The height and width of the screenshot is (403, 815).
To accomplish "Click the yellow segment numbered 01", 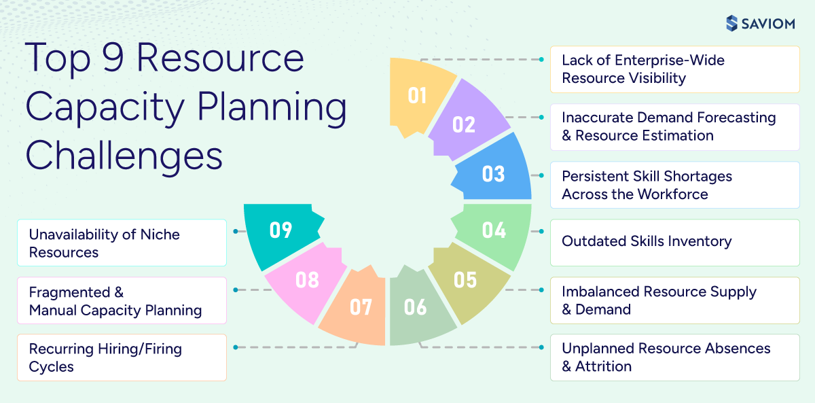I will point(418,95).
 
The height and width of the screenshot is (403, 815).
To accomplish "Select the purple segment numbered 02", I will point(464,124).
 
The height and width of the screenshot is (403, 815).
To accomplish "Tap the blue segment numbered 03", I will point(494,173).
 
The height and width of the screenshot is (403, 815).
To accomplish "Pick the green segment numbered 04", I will point(494,230).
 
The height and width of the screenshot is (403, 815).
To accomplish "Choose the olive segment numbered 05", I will point(465,279).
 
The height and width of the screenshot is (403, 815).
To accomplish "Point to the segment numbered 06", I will point(415,307).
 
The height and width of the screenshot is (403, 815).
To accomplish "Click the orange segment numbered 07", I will point(361,307).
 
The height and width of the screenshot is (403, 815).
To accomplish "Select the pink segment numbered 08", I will point(307,279).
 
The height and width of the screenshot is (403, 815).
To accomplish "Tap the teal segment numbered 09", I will point(280,230).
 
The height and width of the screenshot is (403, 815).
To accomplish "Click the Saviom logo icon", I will point(731,23).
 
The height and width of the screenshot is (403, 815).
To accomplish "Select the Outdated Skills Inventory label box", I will point(674,242).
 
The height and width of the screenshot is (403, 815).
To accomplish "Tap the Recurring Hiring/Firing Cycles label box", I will point(122,357).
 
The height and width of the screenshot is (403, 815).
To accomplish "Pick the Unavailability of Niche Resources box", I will point(122,243).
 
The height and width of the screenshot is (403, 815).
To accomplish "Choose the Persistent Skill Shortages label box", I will point(674,185).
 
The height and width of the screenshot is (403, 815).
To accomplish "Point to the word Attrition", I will point(604,366).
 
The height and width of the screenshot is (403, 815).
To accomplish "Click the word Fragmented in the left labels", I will point(70,292).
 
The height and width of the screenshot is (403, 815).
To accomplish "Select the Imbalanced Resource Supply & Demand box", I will point(674,300).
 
